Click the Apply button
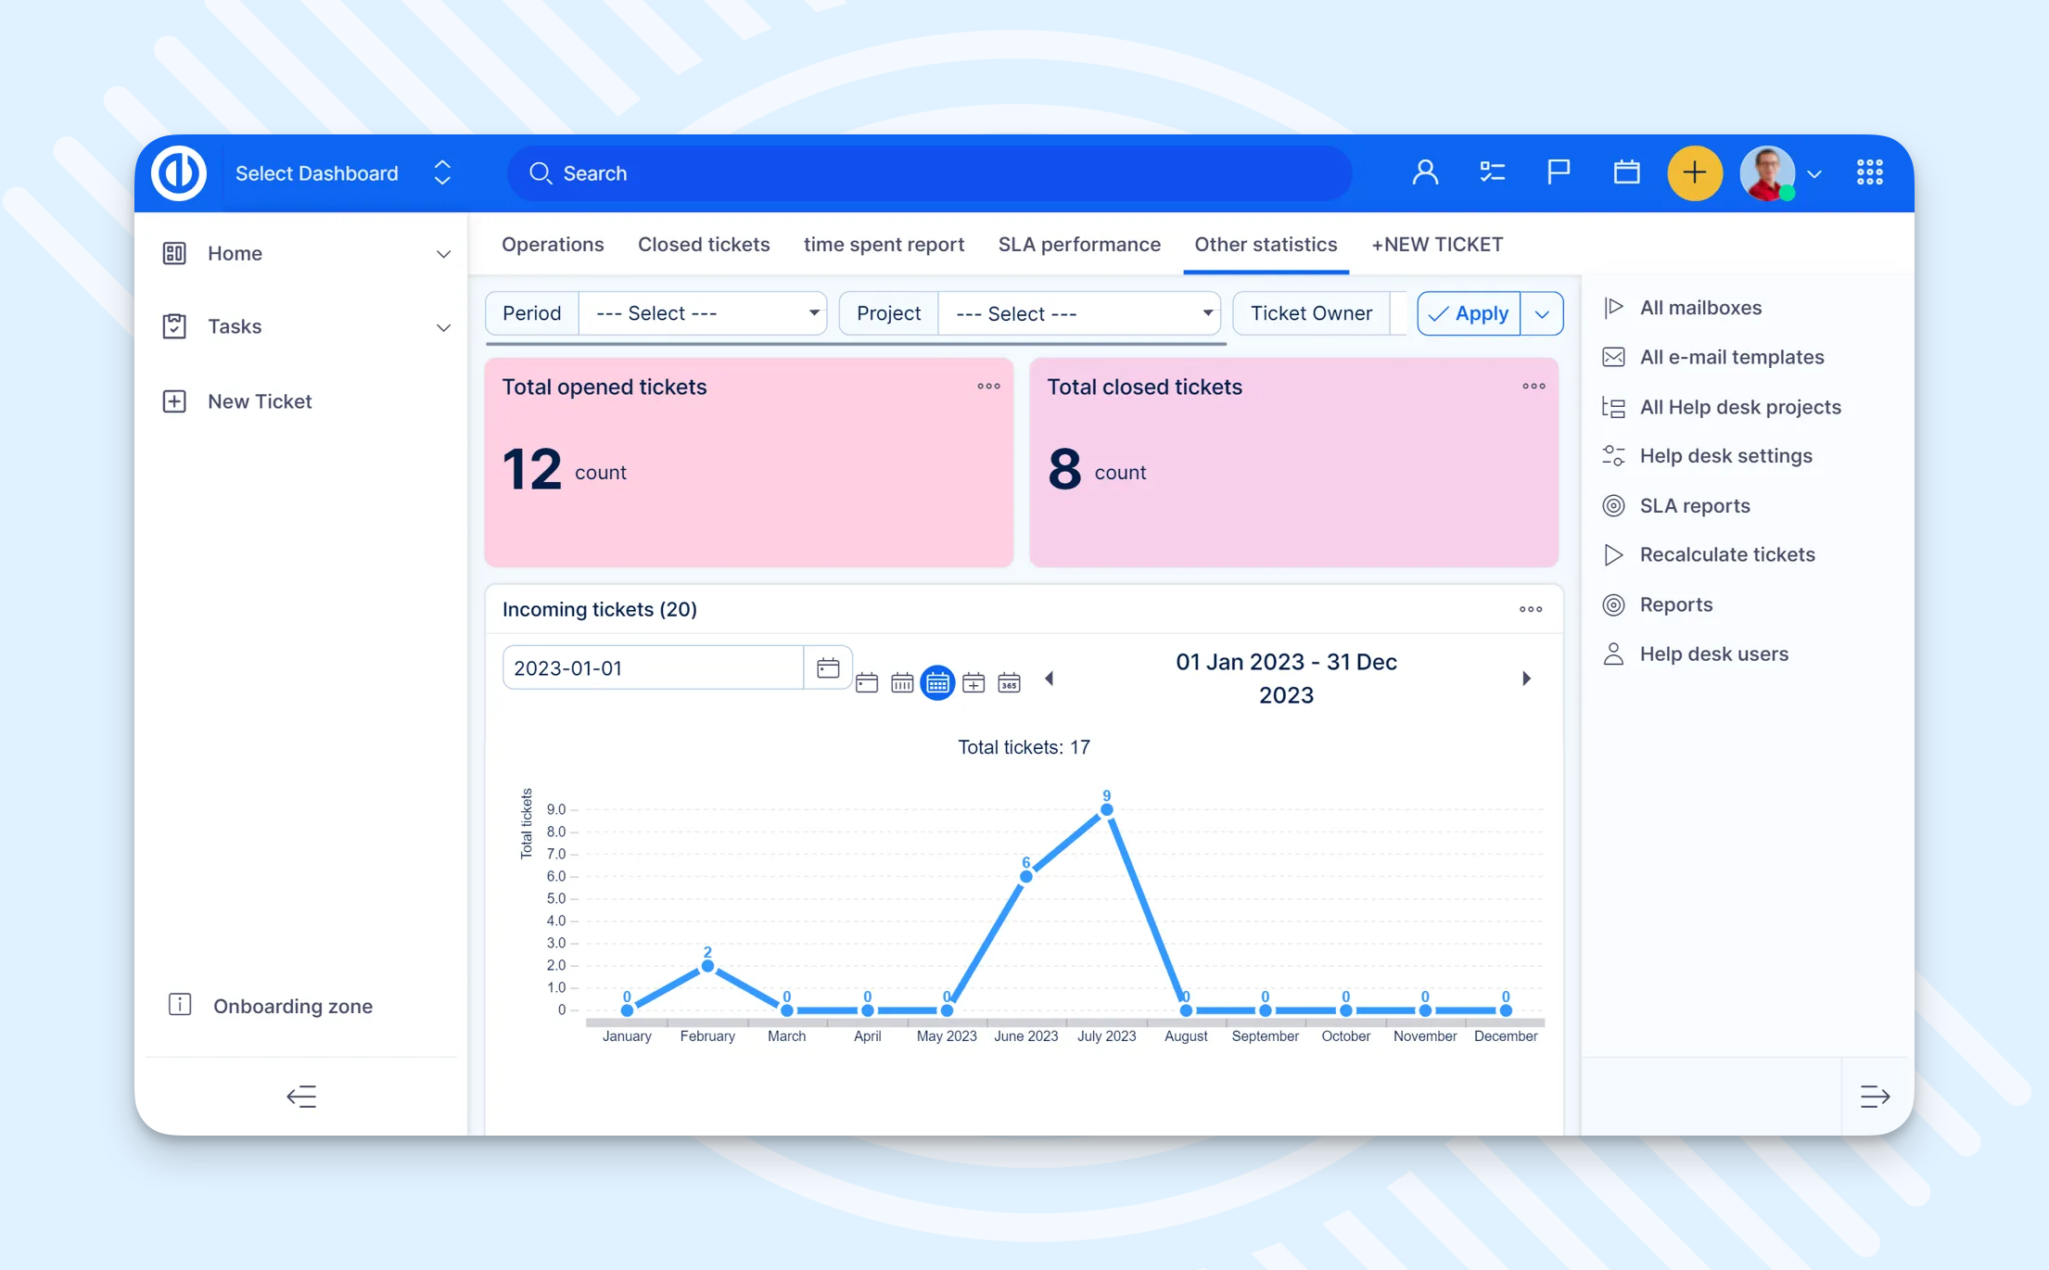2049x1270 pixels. tap(1470, 313)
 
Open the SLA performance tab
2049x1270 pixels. tap(1078, 245)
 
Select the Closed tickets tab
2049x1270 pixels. tap(703, 245)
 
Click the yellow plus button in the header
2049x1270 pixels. tap(1694, 173)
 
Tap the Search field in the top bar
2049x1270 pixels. tap(927, 173)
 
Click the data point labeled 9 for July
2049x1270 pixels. tap(1106, 809)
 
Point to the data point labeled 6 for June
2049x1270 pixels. tap(1025, 876)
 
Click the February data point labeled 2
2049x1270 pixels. tap(707, 966)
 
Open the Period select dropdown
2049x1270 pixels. tap(703, 313)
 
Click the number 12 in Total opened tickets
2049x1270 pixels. tap(531, 469)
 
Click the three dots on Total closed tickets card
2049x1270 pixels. tap(1533, 387)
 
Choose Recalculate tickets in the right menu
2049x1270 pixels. tap(1726, 554)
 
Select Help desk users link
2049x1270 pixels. tap(1713, 654)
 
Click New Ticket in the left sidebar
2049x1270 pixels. tap(260, 401)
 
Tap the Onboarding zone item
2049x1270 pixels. tap(292, 1006)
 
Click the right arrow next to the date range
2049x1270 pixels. tap(1526, 679)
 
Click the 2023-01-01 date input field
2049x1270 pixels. tap(652, 668)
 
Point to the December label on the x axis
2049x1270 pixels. tap(1505, 1036)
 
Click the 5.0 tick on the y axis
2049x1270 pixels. tap(556, 898)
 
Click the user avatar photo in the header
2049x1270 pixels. tap(1766, 173)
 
